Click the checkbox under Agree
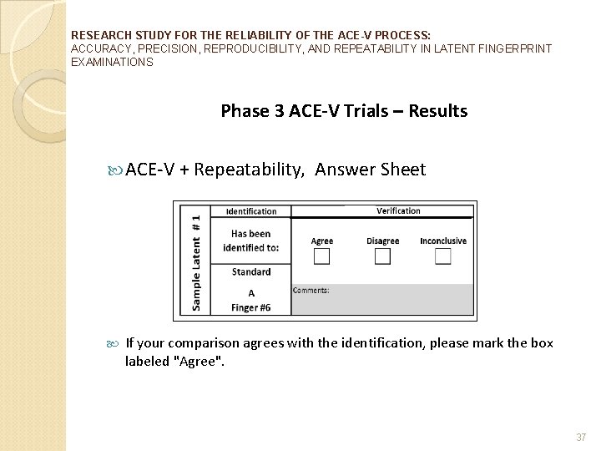click(321, 256)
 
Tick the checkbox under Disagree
click(382, 256)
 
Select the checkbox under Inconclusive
click(442, 256)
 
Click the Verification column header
click(398, 211)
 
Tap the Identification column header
click(251, 212)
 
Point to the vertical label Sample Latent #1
click(195, 261)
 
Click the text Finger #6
click(251, 307)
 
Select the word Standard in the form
click(251, 271)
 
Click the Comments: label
click(311, 291)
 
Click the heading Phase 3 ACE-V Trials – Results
click(344, 111)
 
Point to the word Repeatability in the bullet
click(250, 170)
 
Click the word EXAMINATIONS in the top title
click(113, 63)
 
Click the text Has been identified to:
click(251, 241)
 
